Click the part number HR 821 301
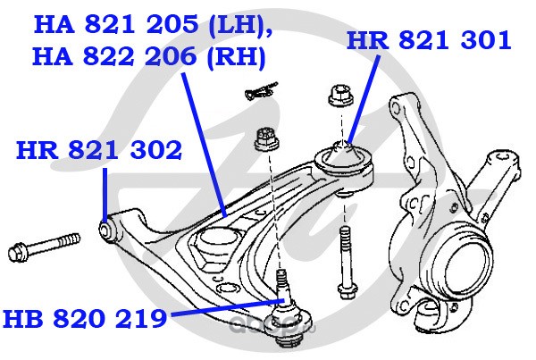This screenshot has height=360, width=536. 429,41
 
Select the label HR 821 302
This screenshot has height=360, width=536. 99,150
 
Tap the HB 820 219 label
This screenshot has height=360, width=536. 85,318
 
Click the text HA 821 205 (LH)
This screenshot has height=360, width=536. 154,24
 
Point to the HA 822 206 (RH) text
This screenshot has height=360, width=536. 149,57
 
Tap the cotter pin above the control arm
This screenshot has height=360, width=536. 261,90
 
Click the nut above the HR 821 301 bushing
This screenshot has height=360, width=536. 340,96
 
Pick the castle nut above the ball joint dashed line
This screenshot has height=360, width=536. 267,139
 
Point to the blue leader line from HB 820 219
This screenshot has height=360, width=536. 227,307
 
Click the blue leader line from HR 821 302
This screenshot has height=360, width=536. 105,194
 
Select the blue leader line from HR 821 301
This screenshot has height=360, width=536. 363,99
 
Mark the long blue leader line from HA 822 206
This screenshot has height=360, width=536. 204,145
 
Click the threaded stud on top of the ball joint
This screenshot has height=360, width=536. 281,280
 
